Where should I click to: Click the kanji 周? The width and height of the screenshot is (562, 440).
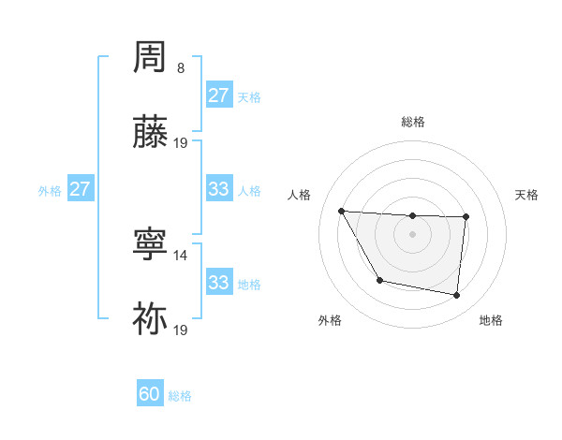point(151,58)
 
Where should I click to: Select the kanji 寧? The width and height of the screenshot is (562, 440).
point(151,244)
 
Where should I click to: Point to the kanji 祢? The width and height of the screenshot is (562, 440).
point(151,319)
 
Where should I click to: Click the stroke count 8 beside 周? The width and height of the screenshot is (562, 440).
point(181,68)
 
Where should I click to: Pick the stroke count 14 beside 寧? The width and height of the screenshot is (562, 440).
point(181,255)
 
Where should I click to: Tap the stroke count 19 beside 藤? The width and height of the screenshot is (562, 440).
point(181,143)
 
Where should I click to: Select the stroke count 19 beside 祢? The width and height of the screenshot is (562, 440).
point(181,330)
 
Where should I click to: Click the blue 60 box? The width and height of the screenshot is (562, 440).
point(150,394)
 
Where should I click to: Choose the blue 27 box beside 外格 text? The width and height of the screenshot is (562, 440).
point(80,189)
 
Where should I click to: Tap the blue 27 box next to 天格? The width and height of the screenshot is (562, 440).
point(218,95)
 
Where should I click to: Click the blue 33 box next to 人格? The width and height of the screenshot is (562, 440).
point(218,189)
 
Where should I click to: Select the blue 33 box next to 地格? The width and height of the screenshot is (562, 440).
point(218,283)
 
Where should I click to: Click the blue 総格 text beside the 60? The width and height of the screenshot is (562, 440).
point(180,396)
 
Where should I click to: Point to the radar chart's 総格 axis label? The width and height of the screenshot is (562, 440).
point(412,122)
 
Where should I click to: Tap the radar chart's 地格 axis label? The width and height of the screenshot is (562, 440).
point(491,320)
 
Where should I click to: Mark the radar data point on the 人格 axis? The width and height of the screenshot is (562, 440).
point(341,211)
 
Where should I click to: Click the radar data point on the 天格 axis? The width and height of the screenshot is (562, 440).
point(466,217)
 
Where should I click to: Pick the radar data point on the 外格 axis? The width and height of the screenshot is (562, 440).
point(379,280)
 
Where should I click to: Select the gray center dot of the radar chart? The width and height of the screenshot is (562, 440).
point(412,234)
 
